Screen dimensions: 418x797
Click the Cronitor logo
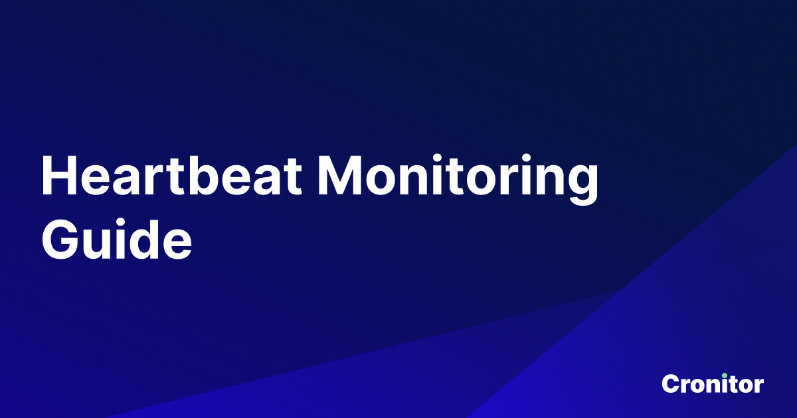713,383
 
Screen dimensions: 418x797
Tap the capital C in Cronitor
670,383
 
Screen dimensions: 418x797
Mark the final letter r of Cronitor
758,385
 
